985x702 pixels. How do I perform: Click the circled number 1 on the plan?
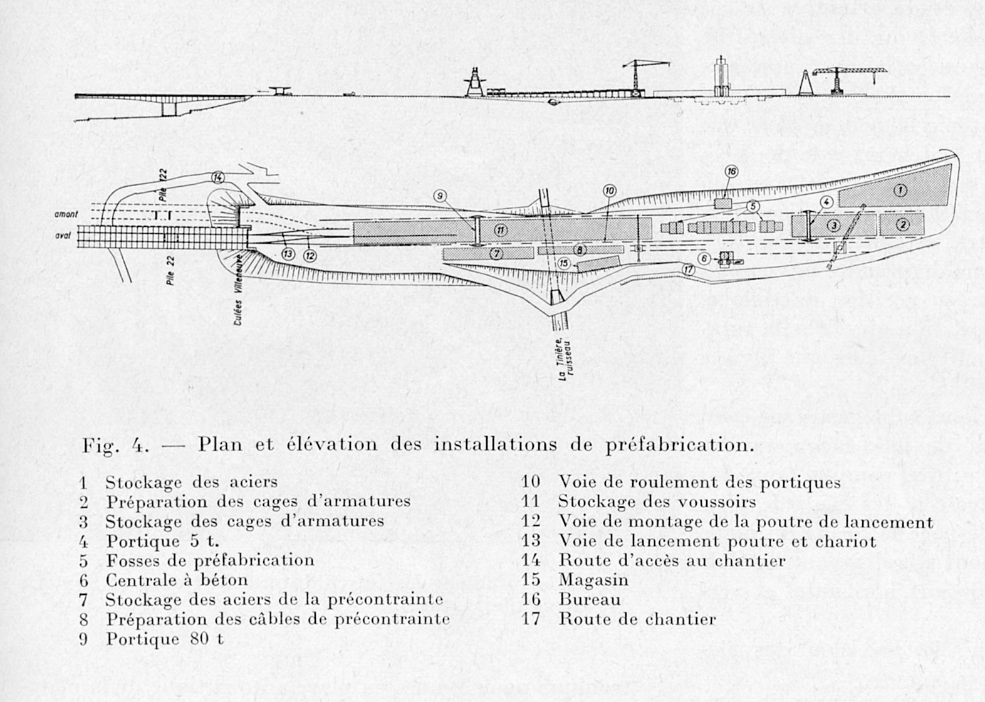click(900, 191)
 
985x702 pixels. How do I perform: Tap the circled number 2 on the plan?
click(902, 224)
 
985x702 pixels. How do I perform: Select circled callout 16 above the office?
click(731, 172)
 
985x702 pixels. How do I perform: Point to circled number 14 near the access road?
click(218, 177)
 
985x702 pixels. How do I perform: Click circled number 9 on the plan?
click(440, 196)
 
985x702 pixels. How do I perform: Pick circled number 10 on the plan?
click(609, 191)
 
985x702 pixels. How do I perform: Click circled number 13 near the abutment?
click(288, 254)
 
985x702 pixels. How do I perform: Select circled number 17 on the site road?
click(689, 270)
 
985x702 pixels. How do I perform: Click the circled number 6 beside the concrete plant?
click(704, 258)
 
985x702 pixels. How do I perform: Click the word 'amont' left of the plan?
click(66, 214)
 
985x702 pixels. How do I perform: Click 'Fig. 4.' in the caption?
click(115, 445)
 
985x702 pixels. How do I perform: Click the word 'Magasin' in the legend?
click(593, 580)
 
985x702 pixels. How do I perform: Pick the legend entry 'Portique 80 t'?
click(164, 639)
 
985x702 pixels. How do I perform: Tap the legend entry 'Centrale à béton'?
click(176, 580)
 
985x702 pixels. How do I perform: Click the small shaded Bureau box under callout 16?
click(722, 204)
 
